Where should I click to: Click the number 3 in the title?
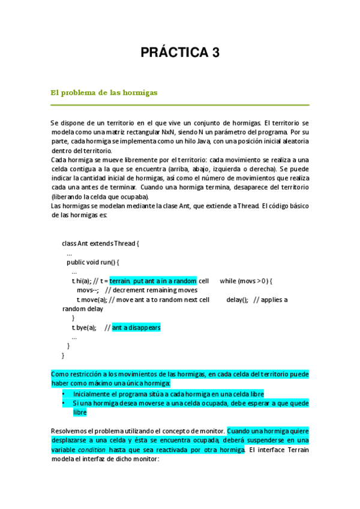(214, 53)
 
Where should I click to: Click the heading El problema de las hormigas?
(103, 93)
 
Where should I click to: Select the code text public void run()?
(93, 262)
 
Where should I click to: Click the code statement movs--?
(87, 290)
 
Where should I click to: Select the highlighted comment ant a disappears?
(136, 328)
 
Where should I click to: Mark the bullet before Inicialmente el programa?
(64, 394)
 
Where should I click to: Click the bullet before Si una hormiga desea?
(64, 403)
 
